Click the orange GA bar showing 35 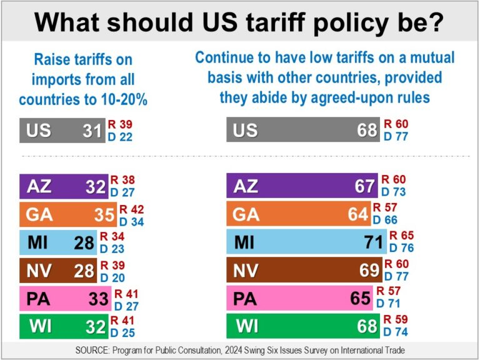click(x=67, y=214)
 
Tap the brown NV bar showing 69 click(x=304, y=270)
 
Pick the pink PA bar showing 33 click(x=65, y=298)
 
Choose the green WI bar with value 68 click(x=302, y=326)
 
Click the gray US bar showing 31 click(x=62, y=131)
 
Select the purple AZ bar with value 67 click(x=302, y=186)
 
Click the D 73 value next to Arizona click(x=396, y=192)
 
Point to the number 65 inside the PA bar click(x=360, y=298)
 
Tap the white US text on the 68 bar click(x=245, y=131)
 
